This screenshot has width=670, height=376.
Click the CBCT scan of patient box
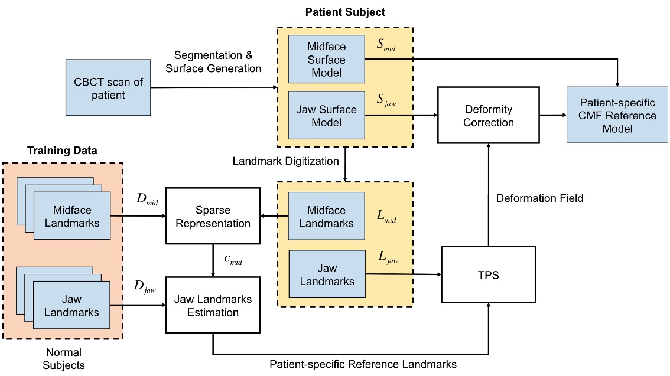click(108, 87)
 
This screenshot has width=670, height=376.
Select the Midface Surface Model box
click(326, 58)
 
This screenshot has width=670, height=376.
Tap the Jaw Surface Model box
click(326, 116)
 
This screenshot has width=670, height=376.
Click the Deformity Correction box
click(488, 116)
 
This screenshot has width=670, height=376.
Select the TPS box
click(488, 275)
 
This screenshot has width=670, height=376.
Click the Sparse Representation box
click(213, 216)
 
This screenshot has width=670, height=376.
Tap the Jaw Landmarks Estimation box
click(213, 306)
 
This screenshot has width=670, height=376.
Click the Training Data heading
click(62, 151)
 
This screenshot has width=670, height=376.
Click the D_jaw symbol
click(140, 287)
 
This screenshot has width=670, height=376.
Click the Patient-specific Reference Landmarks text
click(362, 364)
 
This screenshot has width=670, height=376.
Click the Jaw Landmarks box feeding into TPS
click(326, 274)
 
